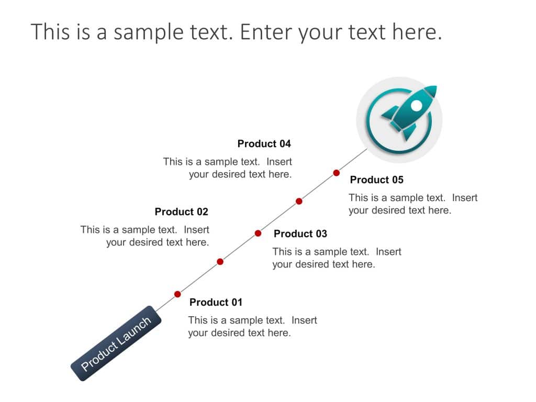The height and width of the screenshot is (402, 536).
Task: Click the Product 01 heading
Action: click(216, 303)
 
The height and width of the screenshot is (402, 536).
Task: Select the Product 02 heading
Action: click(181, 212)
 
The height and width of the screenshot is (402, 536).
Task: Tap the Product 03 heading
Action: click(300, 234)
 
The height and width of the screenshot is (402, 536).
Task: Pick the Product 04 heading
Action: click(264, 144)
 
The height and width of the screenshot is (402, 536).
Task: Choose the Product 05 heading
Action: click(376, 180)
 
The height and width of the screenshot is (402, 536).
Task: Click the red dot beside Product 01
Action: click(177, 294)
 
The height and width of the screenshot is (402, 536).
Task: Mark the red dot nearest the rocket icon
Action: click(337, 173)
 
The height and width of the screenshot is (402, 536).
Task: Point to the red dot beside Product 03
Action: click(258, 233)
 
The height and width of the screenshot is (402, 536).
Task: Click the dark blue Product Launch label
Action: click(116, 343)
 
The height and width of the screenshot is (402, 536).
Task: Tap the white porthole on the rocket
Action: click(416, 106)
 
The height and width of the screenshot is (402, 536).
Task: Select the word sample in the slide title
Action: click(143, 32)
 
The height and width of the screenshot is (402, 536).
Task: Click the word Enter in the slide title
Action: click(265, 32)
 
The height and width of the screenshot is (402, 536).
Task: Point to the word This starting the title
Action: click(50, 32)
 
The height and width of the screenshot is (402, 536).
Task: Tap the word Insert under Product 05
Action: click(465, 198)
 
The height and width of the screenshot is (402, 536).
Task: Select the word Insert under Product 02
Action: click(196, 230)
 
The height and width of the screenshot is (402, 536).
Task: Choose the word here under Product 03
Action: click(363, 264)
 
